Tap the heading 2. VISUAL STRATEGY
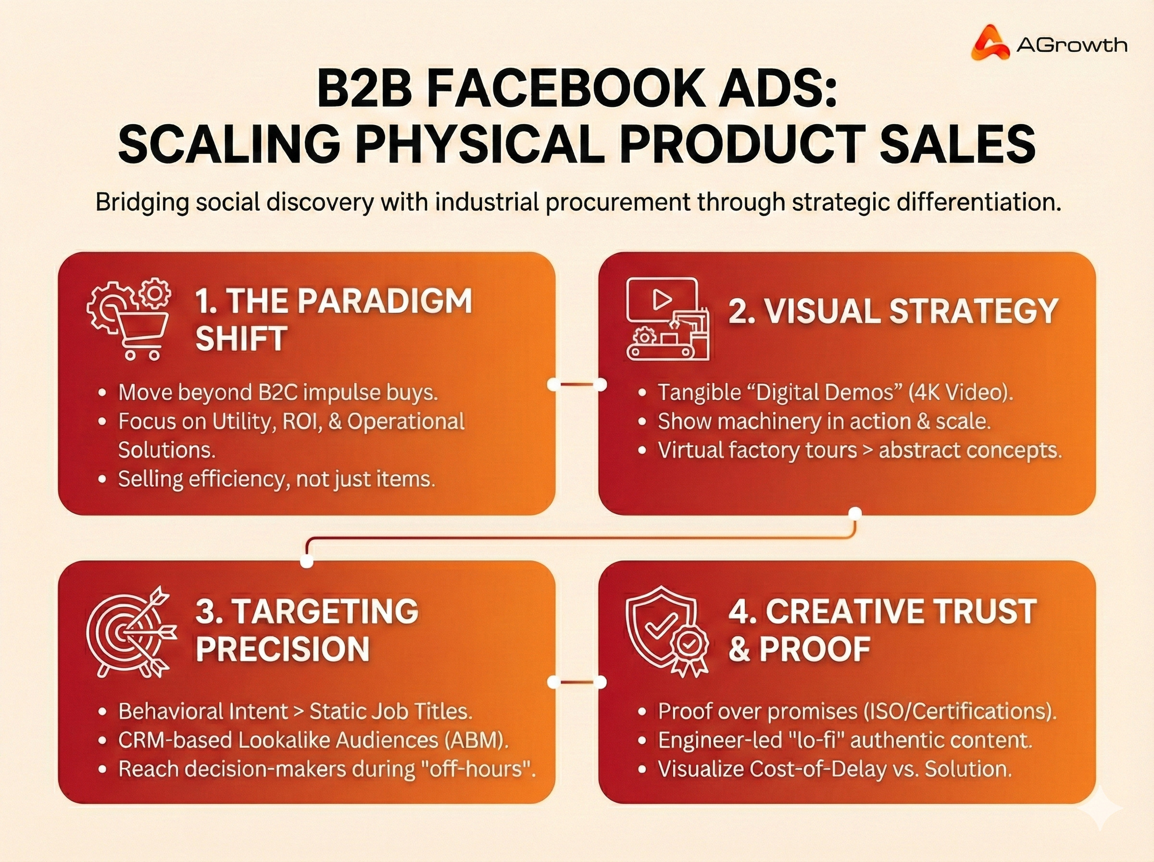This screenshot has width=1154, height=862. [x=893, y=311]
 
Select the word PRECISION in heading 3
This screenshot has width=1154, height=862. [x=283, y=648]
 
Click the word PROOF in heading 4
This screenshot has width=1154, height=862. [x=815, y=648]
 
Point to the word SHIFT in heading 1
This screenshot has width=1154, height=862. [x=241, y=338]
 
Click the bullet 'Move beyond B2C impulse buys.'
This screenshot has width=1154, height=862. [x=277, y=393]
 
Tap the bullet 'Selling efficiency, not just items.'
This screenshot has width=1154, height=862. [x=276, y=479]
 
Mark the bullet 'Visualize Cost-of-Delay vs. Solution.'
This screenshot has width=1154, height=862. [x=834, y=769]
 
